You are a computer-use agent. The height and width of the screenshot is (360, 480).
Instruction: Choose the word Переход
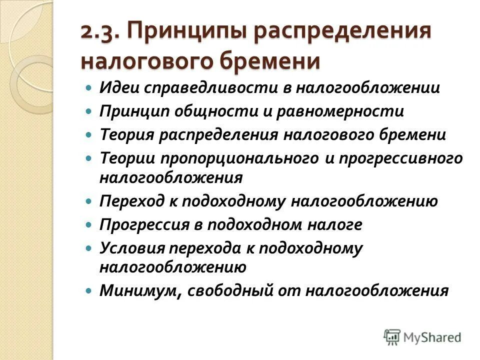tap(130, 201)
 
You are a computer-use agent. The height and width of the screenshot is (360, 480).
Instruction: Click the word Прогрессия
tap(142, 224)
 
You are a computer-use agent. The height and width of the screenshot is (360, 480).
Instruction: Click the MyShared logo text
tap(432, 337)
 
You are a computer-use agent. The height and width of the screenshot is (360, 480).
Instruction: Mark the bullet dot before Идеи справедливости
tap(89, 87)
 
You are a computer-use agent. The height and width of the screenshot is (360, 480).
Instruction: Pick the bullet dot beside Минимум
tap(89, 290)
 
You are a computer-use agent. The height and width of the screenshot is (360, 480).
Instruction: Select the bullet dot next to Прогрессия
tap(89, 224)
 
